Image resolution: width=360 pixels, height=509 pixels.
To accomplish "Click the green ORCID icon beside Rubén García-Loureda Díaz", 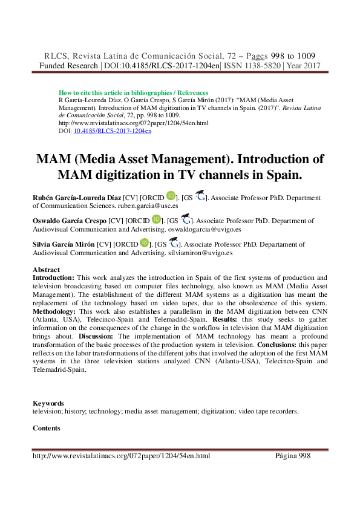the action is click(171, 196).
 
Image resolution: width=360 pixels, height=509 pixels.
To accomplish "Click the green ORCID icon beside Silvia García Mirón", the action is click(144, 243).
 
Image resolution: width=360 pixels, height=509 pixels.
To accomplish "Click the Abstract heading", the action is click(47, 270).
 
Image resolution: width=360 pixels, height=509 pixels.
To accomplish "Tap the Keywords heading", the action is click(48, 403).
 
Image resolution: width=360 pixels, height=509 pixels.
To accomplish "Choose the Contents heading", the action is click(47, 428).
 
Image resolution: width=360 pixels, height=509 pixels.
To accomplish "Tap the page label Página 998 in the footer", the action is click(293, 456).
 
